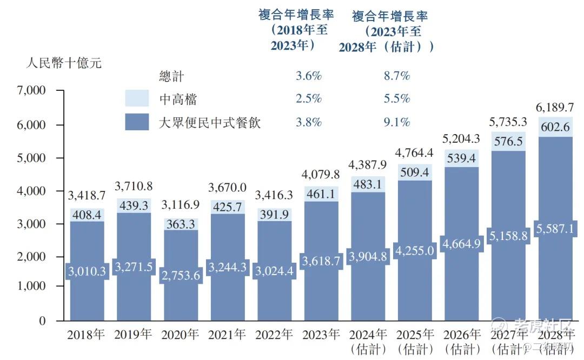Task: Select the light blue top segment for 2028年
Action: click(556, 124)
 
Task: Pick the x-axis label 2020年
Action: click(181, 334)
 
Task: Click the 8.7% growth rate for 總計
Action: click(396, 76)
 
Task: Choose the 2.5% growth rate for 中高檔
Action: click(308, 99)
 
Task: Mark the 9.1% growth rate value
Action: click(396, 122)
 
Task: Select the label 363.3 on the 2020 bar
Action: click(181, 223)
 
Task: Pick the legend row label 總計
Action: click(171, 76)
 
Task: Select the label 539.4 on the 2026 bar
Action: click(462, 158)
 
